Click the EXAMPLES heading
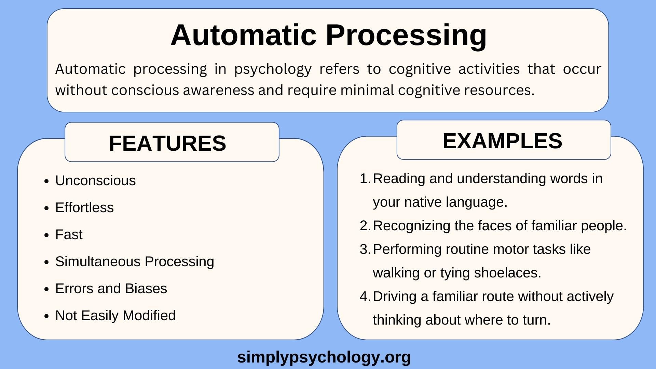pos(502,141)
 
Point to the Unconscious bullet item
pos(95,180)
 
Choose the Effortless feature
pos(84,207)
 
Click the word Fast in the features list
pos(69,234)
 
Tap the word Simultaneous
pos(98,261)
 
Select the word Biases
pos(146,288)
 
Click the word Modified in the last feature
pos(149,315)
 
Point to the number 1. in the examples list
pos(365,178)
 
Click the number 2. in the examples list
pos(365,225)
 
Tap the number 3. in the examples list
pos(365,249)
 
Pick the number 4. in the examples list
pos(365,296)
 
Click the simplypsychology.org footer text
pos(324,357)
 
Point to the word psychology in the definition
pos(273,69)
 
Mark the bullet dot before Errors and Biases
pos(47,289)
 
